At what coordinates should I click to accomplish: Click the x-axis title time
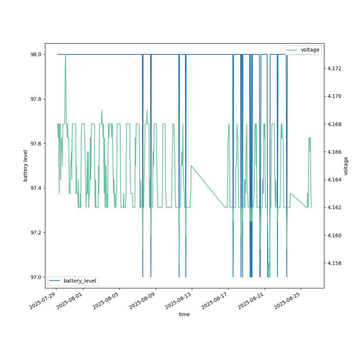click(x=184, y=314)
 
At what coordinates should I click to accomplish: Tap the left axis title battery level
click(x=26, y=166)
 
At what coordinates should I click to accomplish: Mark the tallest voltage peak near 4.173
click(x=66, y=55)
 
